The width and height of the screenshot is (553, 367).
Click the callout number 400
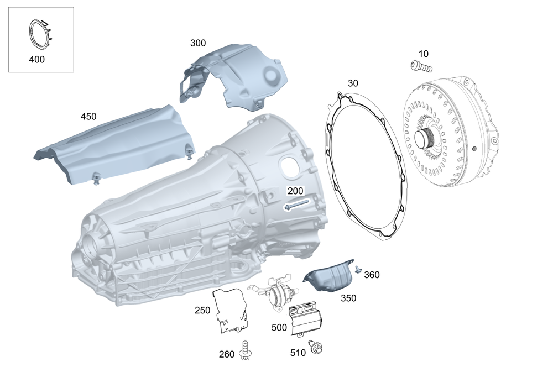tap(36, 60)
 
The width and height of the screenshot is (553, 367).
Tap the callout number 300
tap(198, 43)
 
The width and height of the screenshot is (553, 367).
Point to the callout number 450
tap(88, 117)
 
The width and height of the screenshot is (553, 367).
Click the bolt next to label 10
tap(421, 66)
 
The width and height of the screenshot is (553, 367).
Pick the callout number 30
tap(353, 83)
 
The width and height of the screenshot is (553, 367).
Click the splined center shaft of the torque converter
tap(424, 138)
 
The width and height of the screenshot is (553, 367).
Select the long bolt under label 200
tap(296, 205)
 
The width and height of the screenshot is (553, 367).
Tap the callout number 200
tap(295, 191)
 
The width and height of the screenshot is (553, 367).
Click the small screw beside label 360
tap(358, 269)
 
